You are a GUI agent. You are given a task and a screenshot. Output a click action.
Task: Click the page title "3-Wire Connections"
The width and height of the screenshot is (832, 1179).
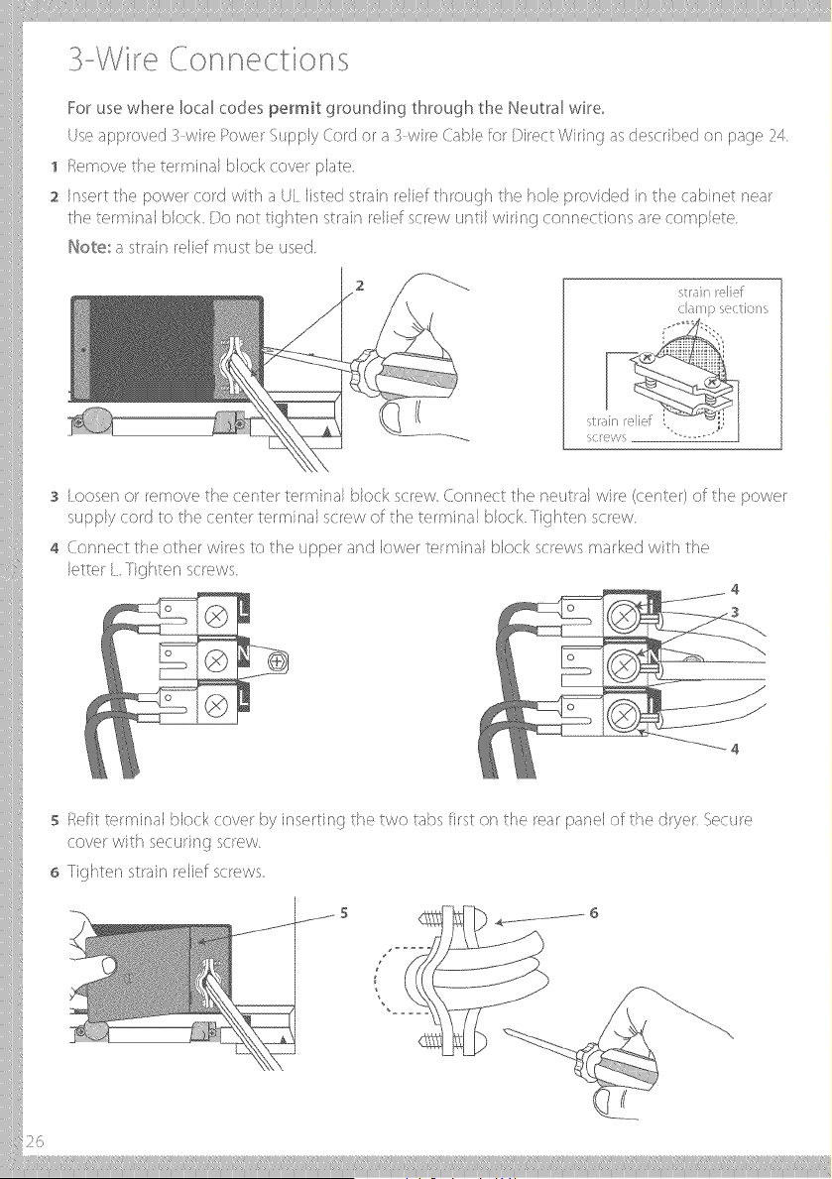pyautogui.click(x=208, y=59)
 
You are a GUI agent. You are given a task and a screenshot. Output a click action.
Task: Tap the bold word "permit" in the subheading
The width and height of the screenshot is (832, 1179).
pyautogui.click(x=295, y=109)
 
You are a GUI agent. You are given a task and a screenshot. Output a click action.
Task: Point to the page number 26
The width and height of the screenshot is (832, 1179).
pyautogui.click(x=35, y=1141)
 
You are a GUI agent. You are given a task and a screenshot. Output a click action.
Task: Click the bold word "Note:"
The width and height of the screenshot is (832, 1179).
pyautogui.click(x=88, y=247)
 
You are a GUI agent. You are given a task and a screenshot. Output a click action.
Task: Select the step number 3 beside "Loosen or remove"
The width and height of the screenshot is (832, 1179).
pyautogui.click(x=55, y=498)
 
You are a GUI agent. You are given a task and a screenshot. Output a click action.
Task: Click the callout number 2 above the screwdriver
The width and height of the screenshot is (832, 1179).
pyautogui.click(x=360, y=286)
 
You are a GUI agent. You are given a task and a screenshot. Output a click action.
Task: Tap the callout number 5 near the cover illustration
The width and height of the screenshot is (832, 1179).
pyautogui.click(x=344, y=913)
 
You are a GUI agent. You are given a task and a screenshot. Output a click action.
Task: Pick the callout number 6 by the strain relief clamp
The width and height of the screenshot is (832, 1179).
pyautogui.click(x=594, y=913)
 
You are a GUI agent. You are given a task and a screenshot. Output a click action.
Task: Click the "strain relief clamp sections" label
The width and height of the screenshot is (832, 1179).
pyautogui.click(x=722, y=300)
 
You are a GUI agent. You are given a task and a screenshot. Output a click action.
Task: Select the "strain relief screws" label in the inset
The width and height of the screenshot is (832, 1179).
pyautogui.click(x=619, y=428)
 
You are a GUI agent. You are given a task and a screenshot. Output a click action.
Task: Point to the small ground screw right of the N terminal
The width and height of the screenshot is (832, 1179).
pyautogui.click(x=278, y=661)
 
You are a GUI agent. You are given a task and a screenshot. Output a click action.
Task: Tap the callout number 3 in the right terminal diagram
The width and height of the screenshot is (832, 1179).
pyautogui.click(x=735, y=612)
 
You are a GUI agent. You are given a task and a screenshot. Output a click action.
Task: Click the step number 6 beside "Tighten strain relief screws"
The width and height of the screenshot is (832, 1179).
pyautogui.click(x=55, y=874)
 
